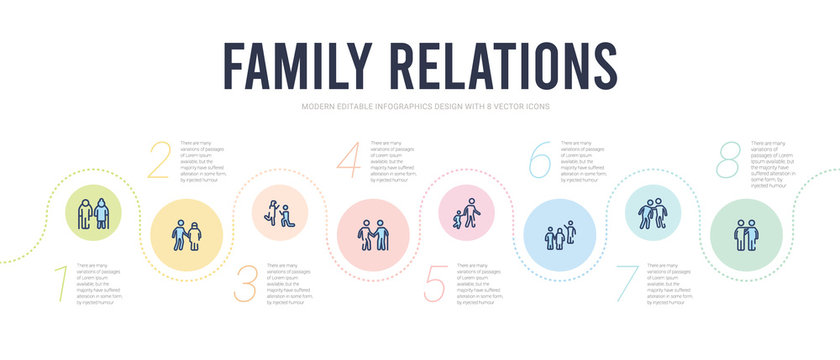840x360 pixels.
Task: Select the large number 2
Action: coord(159,161)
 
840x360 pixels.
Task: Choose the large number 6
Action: coord(540,161)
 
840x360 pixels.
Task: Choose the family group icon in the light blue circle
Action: coord(560,236)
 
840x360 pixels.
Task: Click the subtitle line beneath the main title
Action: coord(419,106)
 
